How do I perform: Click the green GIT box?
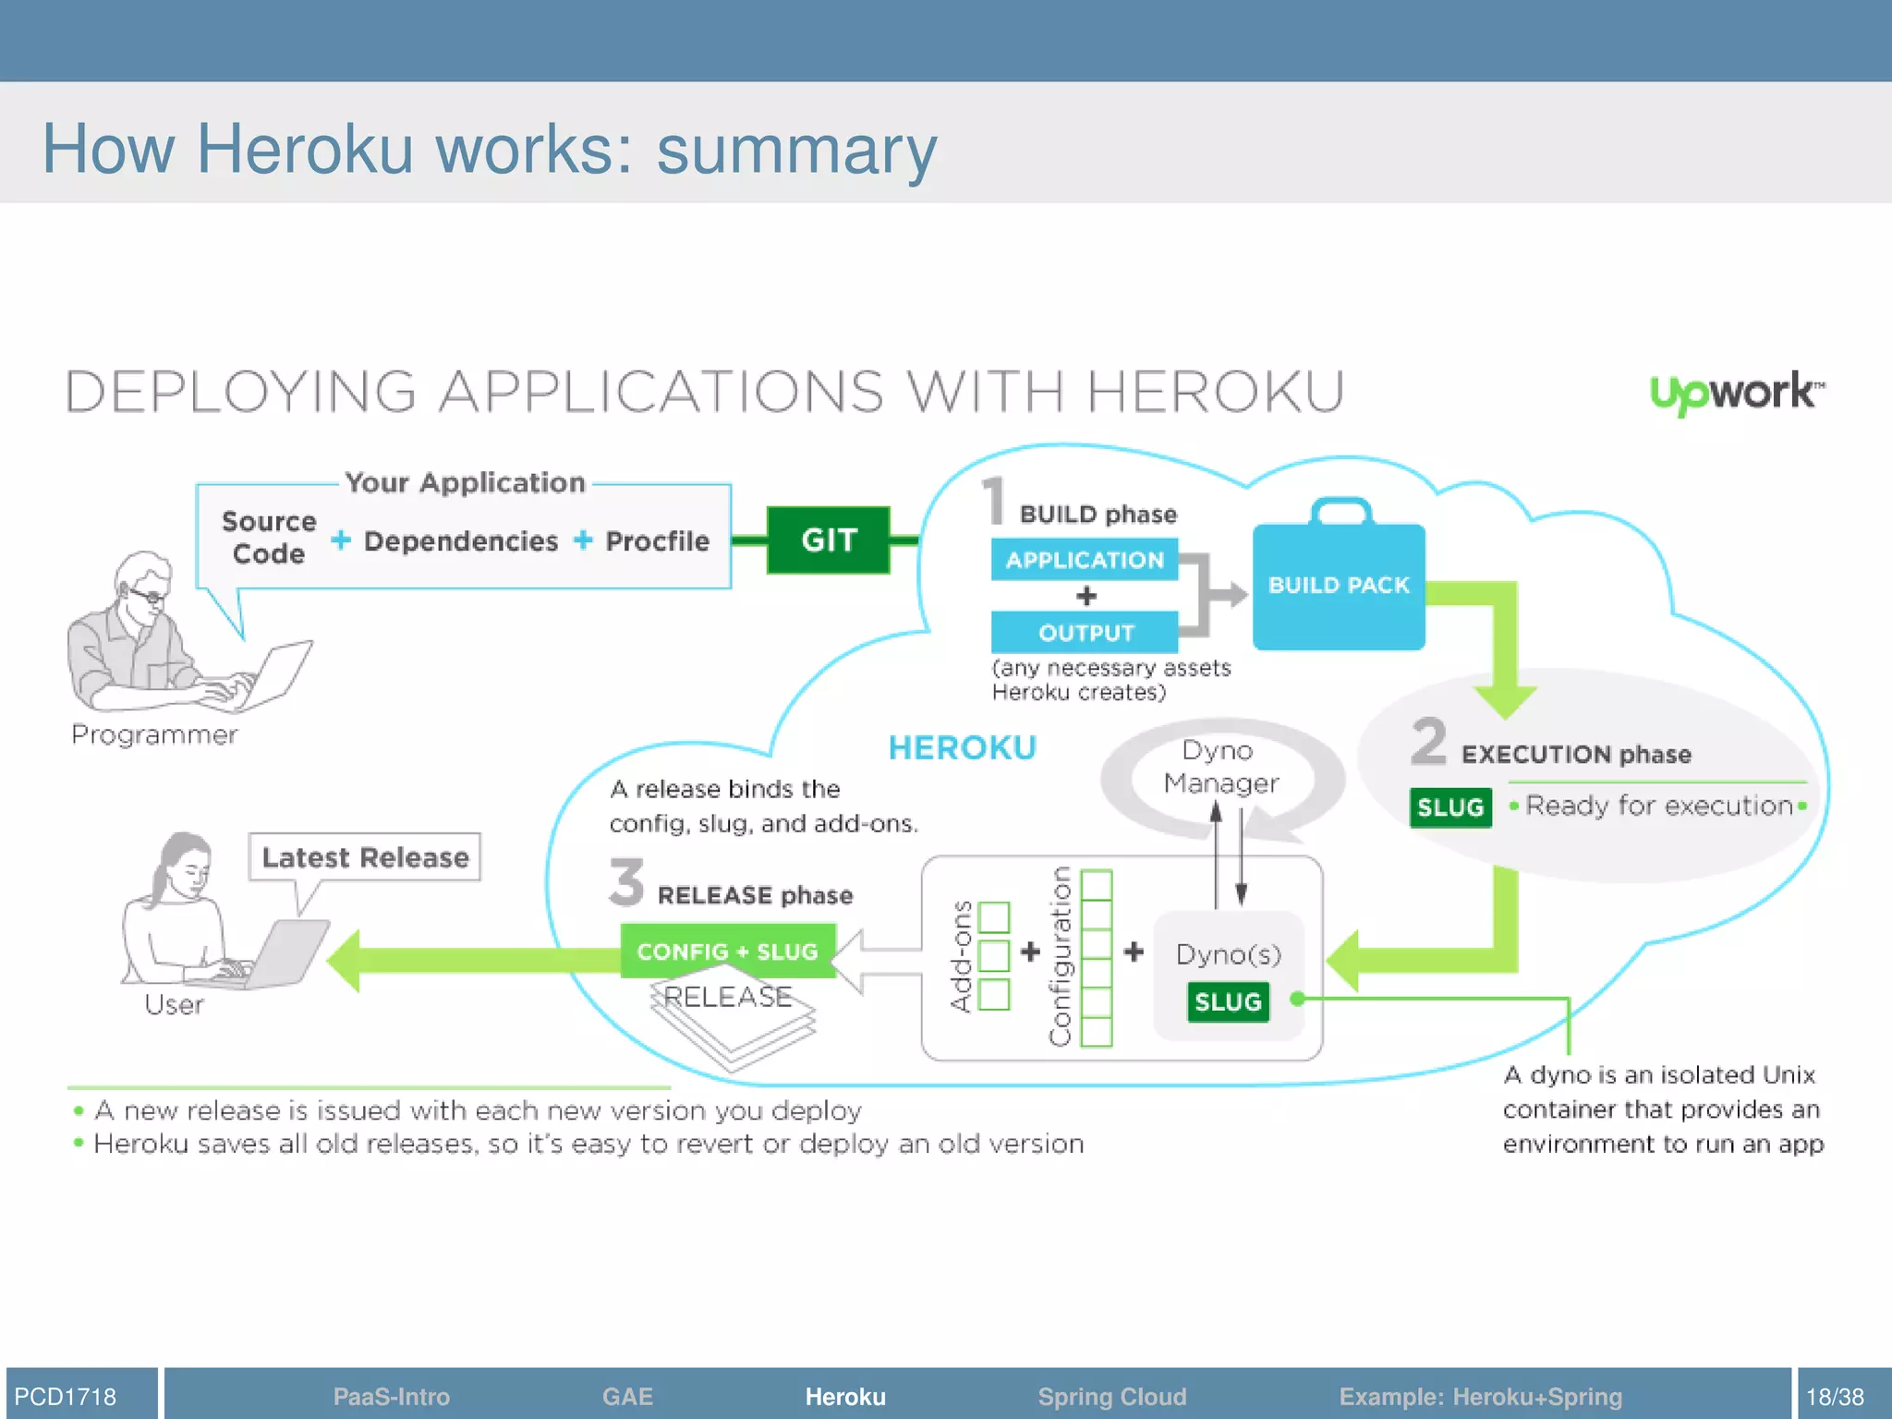click(828, 540)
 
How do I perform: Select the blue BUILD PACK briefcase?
click(1339, 585)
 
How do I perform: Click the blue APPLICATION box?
click(1085, 560)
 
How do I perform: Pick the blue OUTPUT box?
click(1085, 633)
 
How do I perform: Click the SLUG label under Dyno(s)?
click(1228, 1002)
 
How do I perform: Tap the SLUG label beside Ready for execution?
click(1450, 807)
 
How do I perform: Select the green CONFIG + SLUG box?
click(727, 952)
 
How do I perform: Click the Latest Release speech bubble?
click(365, 857)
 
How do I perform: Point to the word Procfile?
click(657, 541)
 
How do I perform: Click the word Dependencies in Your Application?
click(461, 541)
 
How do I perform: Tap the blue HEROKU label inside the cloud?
click(962, 748)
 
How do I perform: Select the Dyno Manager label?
click(1219, 768)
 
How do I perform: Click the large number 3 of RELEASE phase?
click(626, 882)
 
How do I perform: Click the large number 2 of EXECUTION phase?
click(1428, 741)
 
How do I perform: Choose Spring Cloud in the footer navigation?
click(1111, 1396)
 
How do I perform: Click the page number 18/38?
click(1835, 1396)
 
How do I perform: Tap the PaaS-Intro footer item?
click(391, 1396)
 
